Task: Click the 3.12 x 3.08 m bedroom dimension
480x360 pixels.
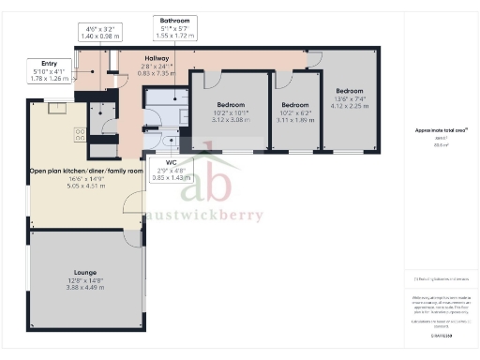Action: (x=230, y=120)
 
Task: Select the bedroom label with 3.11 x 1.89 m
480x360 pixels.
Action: (x=294, y=120)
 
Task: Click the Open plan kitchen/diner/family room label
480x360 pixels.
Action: (x=85, y=172)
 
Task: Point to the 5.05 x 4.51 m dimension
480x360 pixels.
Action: (x=85, y=187)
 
